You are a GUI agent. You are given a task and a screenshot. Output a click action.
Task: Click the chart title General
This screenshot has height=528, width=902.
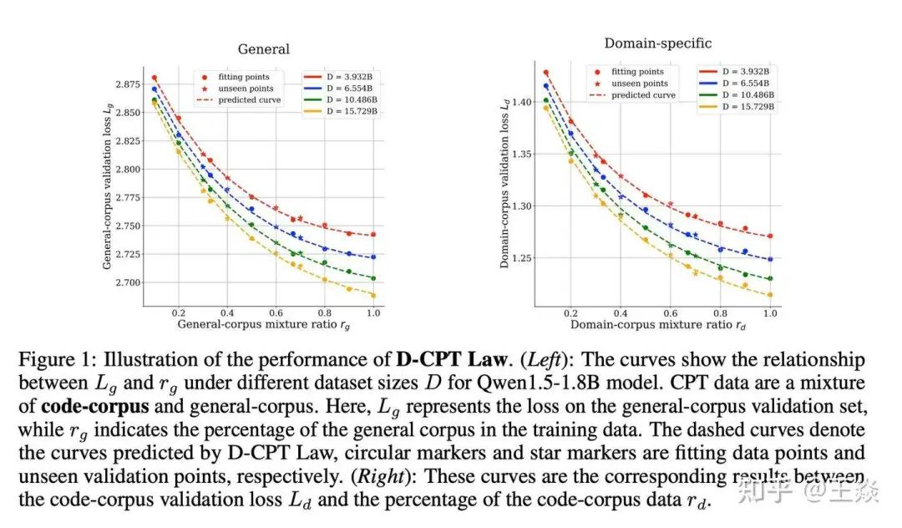coord(264,49)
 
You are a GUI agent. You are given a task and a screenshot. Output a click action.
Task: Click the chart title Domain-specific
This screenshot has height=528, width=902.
coord(658,43)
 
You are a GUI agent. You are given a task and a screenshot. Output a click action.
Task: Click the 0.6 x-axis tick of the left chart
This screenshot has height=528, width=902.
coord(276,311)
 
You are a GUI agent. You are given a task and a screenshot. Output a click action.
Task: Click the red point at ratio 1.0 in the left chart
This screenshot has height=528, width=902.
coord(372,235)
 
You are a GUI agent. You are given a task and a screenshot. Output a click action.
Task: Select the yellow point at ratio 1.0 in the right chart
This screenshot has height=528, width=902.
coord(769,294)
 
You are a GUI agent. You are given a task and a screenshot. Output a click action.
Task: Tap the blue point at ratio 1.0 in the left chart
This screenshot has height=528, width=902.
coord(372,256)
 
